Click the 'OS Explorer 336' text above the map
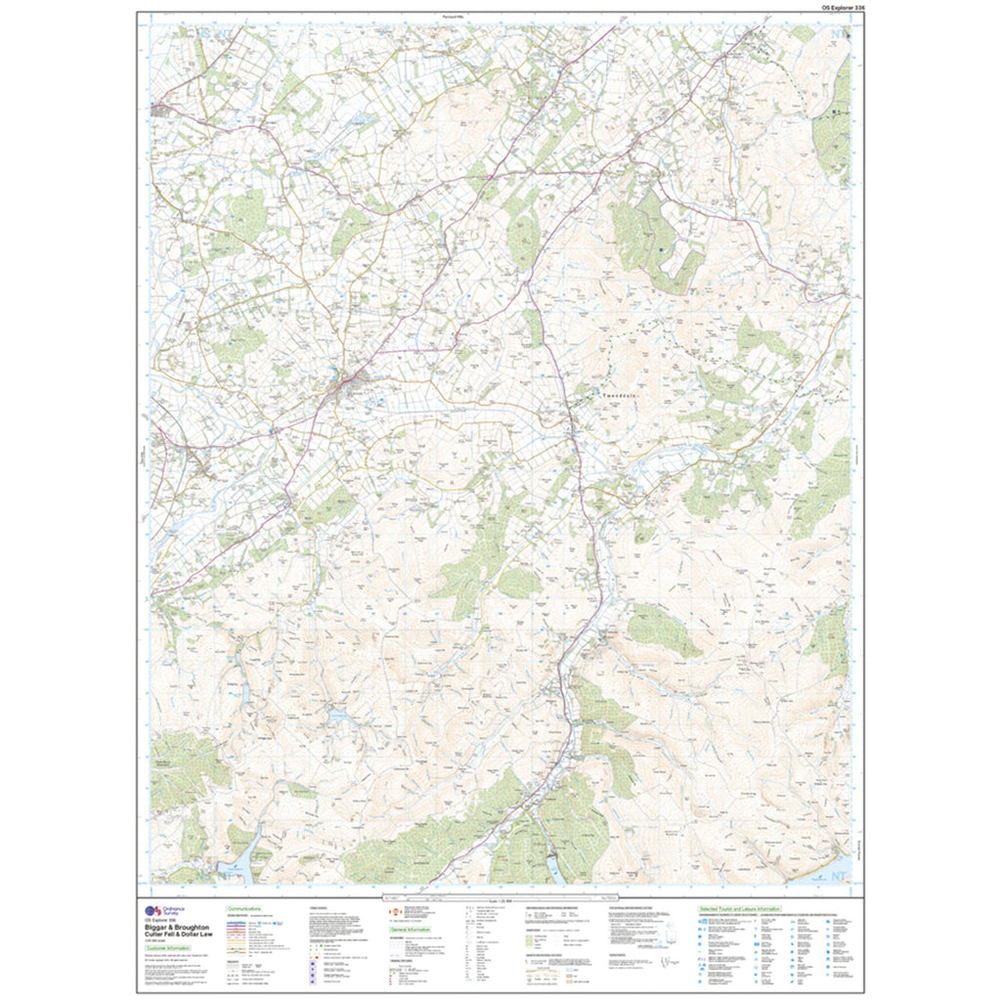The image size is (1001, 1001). [838, 7]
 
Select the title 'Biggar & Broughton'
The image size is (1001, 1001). [176, 927]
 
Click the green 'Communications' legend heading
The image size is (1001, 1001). [241, 908]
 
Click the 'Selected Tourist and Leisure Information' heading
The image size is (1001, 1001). [739, 908]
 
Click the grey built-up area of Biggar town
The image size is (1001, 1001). [349, 383]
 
